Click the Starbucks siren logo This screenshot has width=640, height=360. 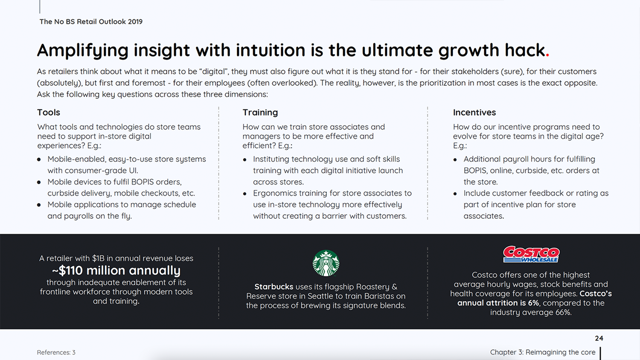click(x=326, y=263)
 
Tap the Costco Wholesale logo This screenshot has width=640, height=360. click(x=531, y=254)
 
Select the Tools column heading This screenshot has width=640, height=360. click(x=49, y=112)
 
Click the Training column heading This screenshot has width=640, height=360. click(x=260, y=112)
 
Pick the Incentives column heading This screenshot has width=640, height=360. click(x=474, y=112)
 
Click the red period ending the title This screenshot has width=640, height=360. click(x=547, y=55)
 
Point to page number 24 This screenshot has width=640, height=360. click(x=599, y=338)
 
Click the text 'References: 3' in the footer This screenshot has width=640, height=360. click(x=56, y=352)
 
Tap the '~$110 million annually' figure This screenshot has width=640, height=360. click(x=116, y=270)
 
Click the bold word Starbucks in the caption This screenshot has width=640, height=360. click(x=274, y=287)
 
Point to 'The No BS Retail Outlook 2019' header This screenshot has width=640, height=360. click(x=91, y=22)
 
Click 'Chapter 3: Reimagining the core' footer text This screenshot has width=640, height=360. click(x=543, y=352)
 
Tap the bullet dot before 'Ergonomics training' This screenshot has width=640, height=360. click(x=244, y=194)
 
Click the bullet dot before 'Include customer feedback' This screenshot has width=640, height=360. click(x=455, y=194)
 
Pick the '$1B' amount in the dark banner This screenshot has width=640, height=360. click(x=98, y=258)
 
